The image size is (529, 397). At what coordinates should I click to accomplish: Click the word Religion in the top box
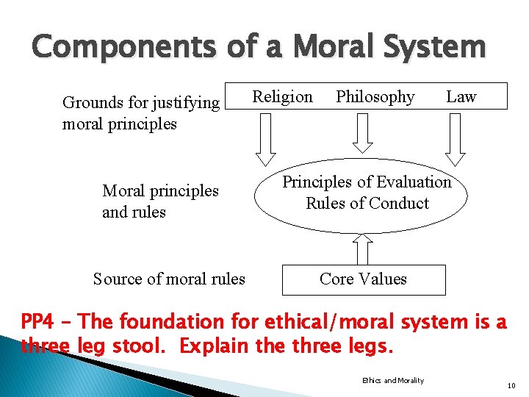coord(282,97)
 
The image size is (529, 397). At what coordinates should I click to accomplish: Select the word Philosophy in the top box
coord(375,97)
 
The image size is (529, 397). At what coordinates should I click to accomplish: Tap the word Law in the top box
coord(461,97)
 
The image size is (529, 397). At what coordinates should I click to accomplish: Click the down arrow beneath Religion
coord(264,140)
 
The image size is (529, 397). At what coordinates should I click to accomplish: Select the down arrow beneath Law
coord(456,140)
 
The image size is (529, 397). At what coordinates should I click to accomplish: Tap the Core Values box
coord(363,279)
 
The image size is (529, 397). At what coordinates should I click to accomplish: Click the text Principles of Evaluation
coord(367,182)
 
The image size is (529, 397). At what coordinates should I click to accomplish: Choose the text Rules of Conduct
coord(367,203)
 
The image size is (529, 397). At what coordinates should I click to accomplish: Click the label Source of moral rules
coord(169,279)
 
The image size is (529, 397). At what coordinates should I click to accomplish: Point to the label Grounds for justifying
coord(141,102)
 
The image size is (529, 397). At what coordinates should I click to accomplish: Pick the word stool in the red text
coord(143,346)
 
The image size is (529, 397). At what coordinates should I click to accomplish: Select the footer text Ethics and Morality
coord(393,380)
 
